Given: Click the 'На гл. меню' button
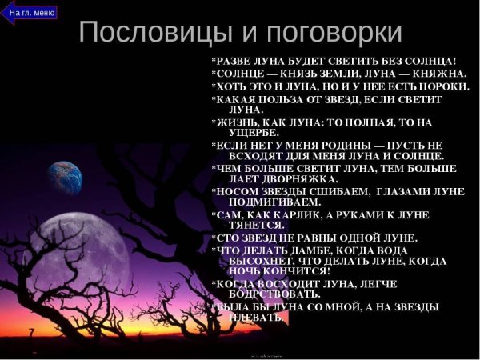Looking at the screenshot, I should (31, 12).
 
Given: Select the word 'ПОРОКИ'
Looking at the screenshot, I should (444, 86).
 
